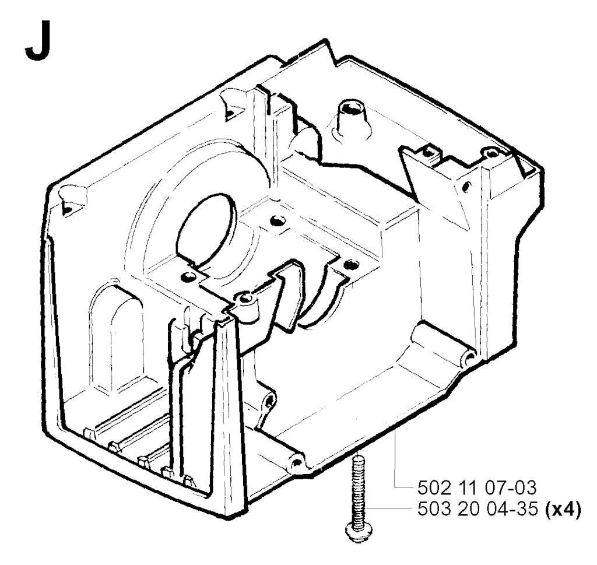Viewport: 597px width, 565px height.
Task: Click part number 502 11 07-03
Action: click(x=477, y=487)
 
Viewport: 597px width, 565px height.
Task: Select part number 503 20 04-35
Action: click(x=478, y=510)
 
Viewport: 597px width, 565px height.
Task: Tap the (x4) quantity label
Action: click(x=563, y=510)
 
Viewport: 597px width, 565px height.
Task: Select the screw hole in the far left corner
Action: click(x=68, y=209)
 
